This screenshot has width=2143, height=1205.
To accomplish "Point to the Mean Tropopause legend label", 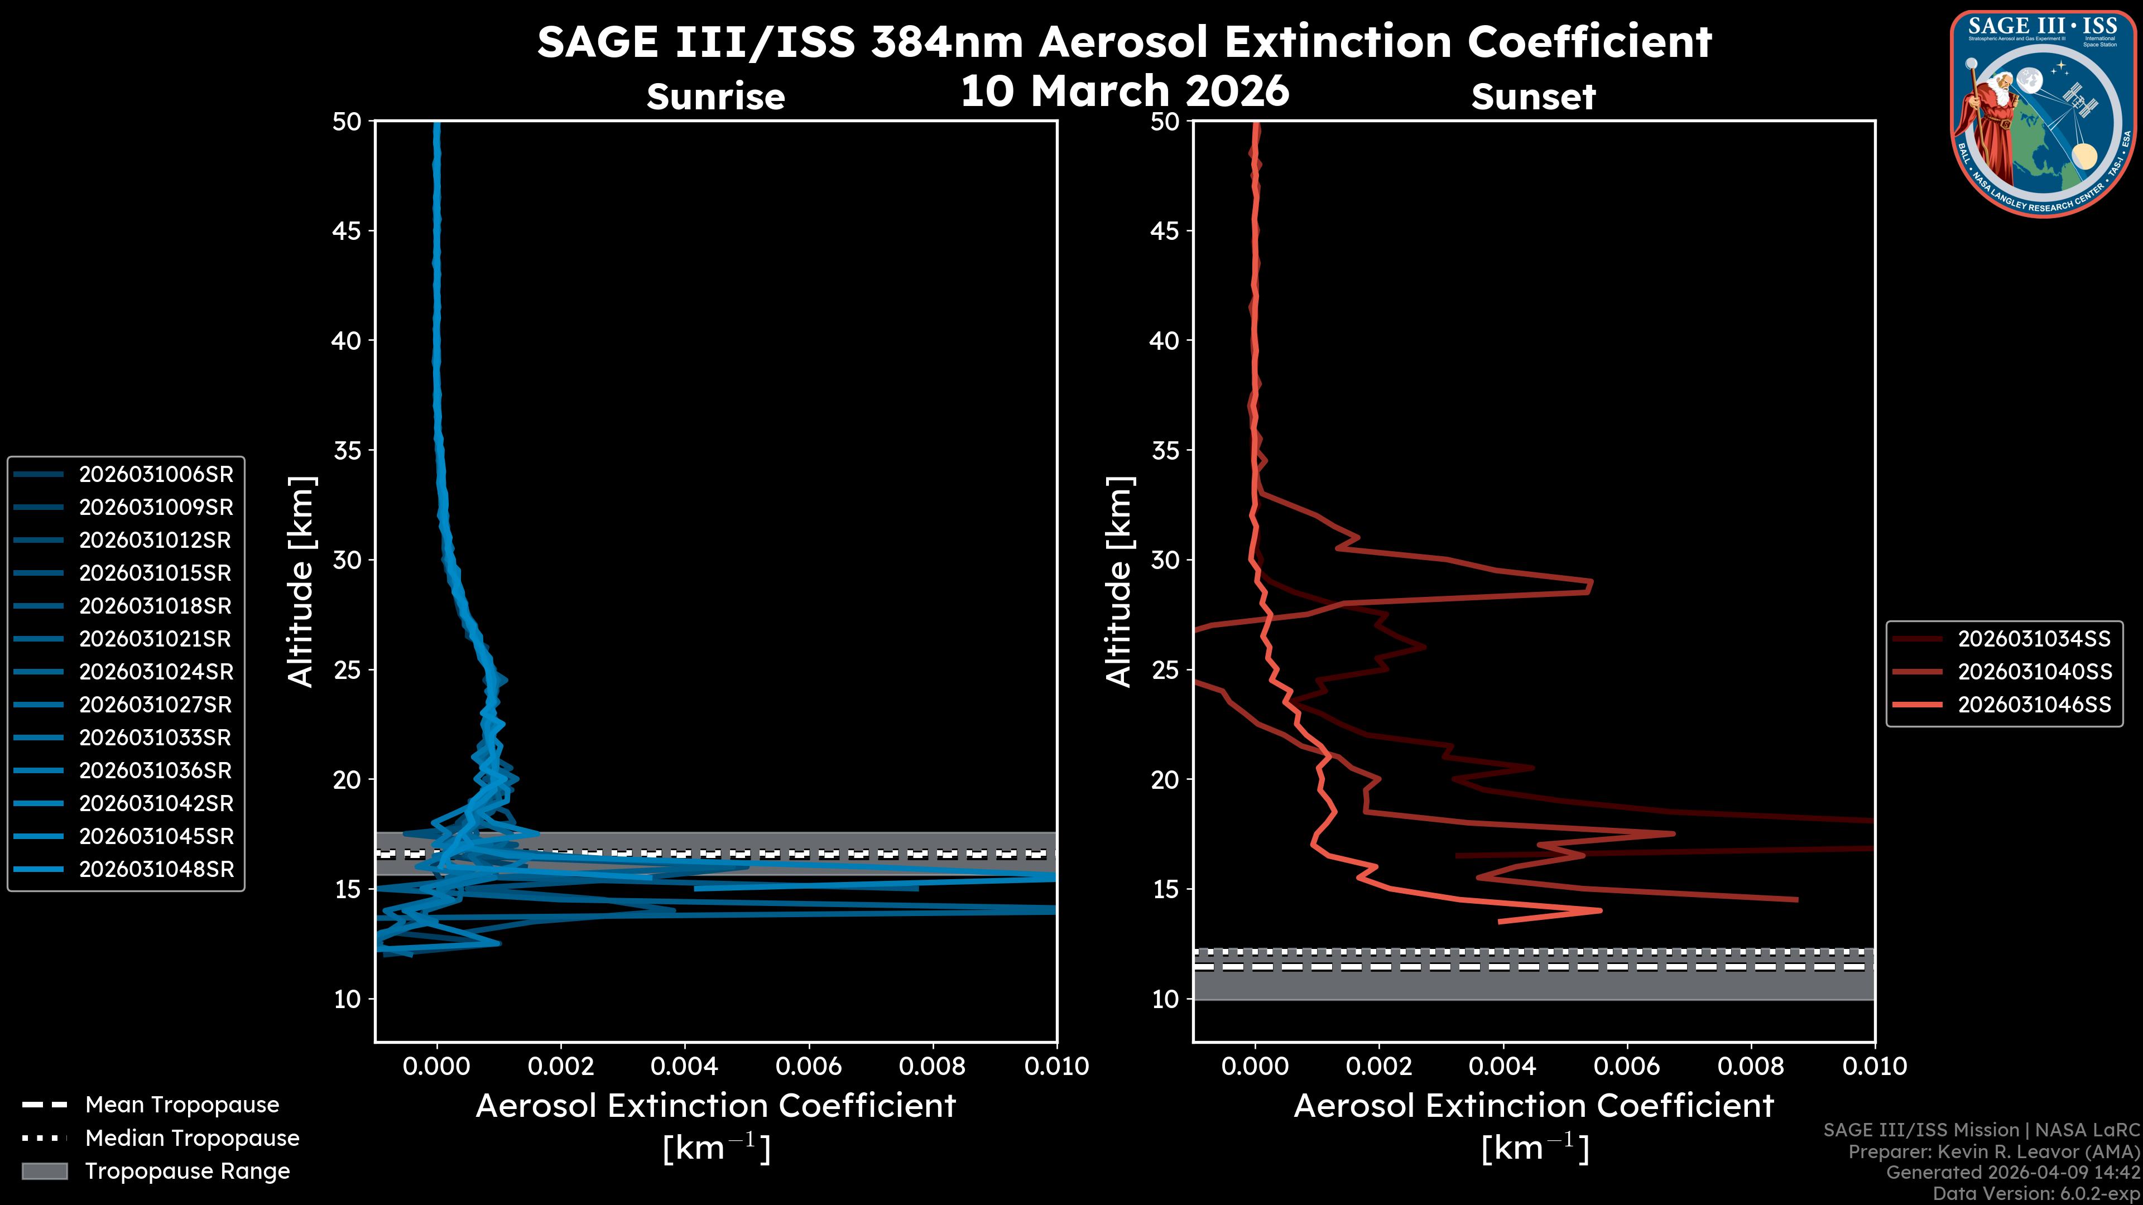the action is [182, 1105].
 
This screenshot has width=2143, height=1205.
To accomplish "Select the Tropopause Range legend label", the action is [187, 1171].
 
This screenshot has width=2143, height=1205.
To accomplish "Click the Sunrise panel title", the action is [715, 97].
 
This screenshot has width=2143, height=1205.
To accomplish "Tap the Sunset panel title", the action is [1533, 97].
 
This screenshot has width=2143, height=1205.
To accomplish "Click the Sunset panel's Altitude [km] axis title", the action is [1119, 581].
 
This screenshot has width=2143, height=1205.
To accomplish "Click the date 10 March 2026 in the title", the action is [1125, 90].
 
